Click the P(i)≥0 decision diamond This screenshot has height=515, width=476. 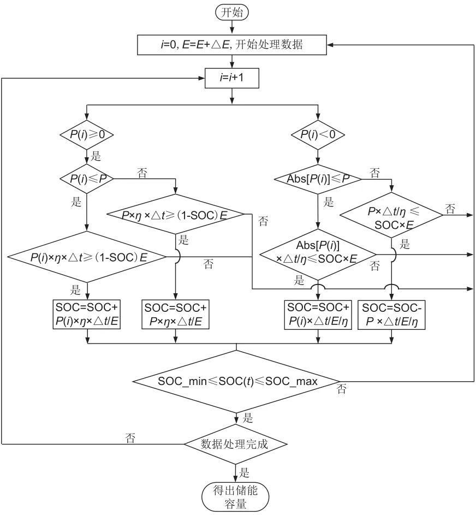pyautogui.click(x=87, y=134)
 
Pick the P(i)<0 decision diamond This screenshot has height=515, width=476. pyautogui.click(x=318, y=134)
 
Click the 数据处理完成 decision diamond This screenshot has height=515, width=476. pyautogui.click(x=236, y=443)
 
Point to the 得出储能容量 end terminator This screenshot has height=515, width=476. pyautogui.click(x=236, y=495)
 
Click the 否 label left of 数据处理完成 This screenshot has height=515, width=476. pyautogui.click(x=130, y=437)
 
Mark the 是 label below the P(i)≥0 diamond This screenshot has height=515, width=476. pyautogui.click(x=96, y=157)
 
